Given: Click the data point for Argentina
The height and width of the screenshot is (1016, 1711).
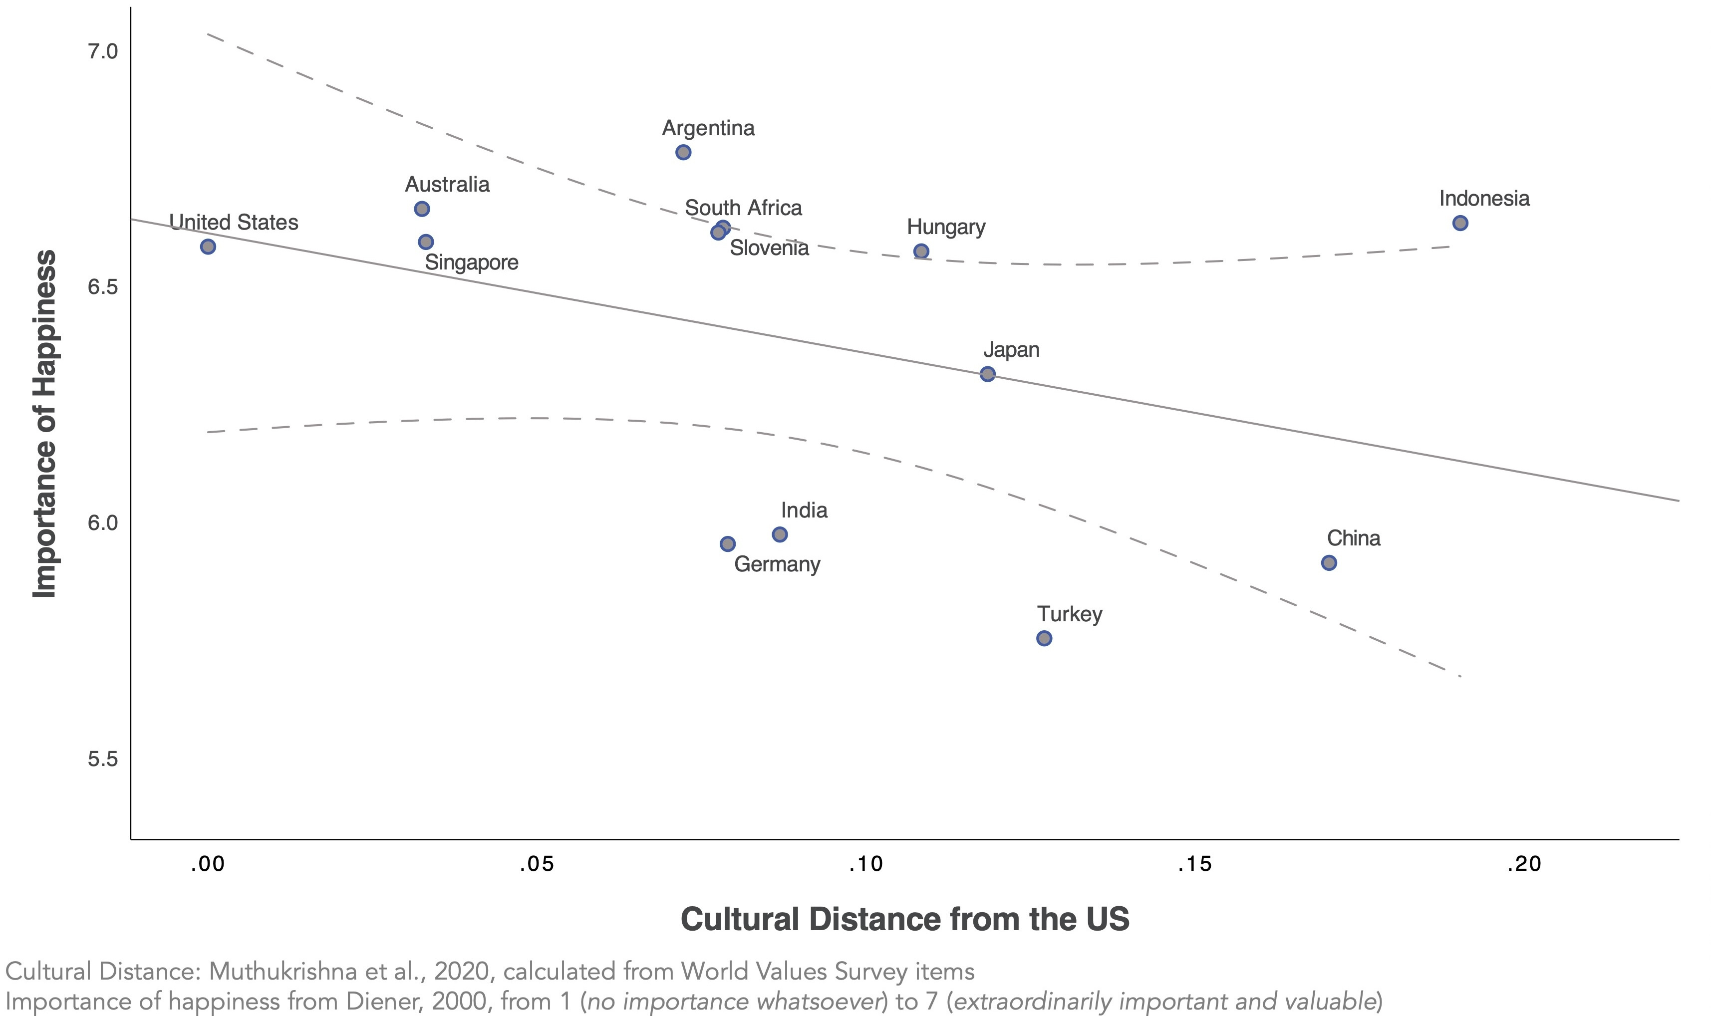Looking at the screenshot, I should [683, 152].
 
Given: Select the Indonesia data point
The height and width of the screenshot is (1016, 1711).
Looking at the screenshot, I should [1460, 223].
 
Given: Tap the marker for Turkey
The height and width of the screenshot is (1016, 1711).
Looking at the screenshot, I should [1044, 638].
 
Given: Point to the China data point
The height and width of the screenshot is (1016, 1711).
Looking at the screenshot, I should [1328, 563].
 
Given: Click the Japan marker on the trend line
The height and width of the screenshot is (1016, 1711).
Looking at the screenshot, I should [987, 374].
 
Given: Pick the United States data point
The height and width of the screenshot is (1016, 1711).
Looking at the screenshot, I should [208, 247].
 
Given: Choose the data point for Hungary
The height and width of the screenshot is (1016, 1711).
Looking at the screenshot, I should [921, 252].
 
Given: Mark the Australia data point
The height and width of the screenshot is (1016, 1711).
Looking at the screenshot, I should [422, 209].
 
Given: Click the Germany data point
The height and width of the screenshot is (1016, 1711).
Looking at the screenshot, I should [727, 543].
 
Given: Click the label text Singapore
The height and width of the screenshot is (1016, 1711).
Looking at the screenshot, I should [471, 263].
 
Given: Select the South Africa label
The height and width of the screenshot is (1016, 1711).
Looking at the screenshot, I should [743, 208].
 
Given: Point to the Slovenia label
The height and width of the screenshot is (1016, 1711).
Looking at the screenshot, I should [769, 248].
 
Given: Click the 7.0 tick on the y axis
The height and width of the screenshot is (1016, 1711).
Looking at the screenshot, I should [103, 52].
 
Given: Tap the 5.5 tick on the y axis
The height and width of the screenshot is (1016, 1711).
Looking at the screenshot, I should [103, 760].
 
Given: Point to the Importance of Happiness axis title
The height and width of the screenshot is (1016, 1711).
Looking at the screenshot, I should [45, 423].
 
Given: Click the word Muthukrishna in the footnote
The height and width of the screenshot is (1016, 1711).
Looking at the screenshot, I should [282, 972].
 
